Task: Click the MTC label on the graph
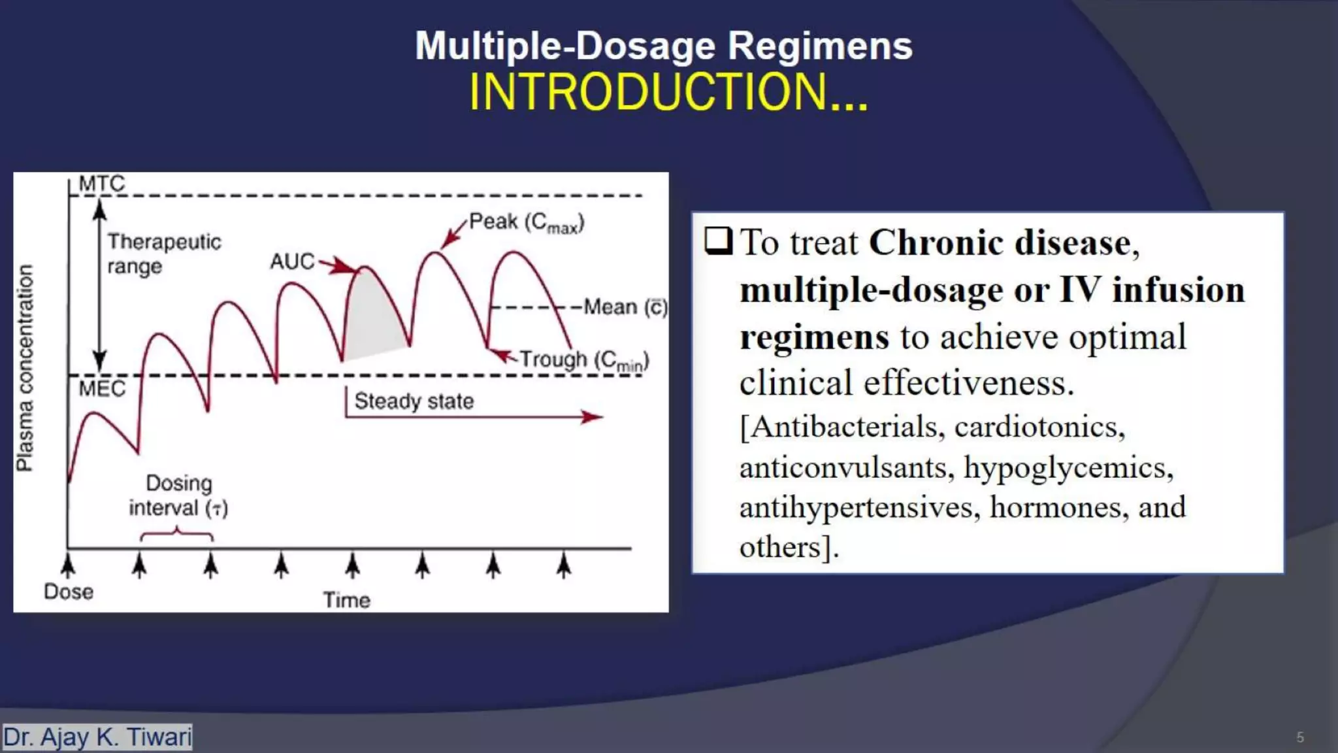click(101, 184)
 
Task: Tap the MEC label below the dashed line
click(102, 389)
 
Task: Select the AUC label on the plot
click(292, 261)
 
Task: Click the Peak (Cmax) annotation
click(526, 222)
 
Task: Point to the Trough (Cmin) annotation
click(583, 360)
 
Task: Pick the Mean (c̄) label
click(625, 307)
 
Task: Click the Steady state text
click(414, 401)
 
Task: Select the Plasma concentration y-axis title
click(25, 367)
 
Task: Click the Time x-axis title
click(346, 600)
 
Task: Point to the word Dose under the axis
click(69, 592)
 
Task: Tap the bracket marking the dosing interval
click(176, 536)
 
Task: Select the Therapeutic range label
click(164, 254)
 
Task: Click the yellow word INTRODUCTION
click(668, 92)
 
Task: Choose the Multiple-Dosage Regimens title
click(664, 46)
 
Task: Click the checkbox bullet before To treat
click(718, 241)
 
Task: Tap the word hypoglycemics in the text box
click(1068, 468)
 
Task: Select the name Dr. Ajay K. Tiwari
click(97, 737)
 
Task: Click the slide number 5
click(1300, 737)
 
